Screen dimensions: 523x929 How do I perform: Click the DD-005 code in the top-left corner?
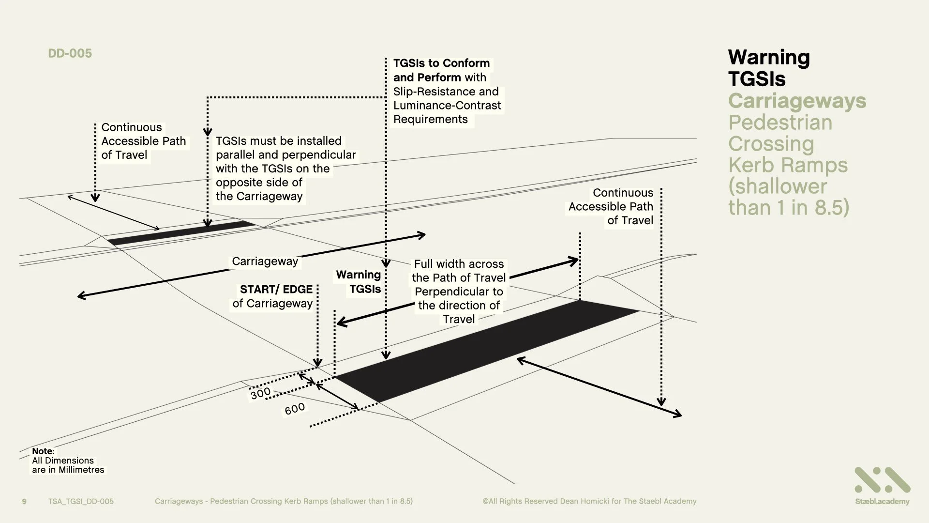click(x=70, y=53)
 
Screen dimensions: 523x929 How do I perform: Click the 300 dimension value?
click(x=260, y=393)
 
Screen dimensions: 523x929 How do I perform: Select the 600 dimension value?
click(x=295, y=409)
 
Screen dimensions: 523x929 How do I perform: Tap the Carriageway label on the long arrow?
click(x=265, y=261)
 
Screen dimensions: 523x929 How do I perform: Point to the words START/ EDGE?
click(x=276, y=290)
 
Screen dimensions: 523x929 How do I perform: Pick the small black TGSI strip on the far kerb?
click(x=181, y=233)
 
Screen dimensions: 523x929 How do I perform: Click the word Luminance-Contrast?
click(x=447, y=106)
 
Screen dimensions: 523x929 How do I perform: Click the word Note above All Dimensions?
click(x=43, y=451)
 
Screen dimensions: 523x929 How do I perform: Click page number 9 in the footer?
click(x=24, y=501)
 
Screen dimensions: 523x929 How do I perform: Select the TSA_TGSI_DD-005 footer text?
click(x=81, y=501)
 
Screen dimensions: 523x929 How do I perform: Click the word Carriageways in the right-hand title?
click(x=797, y=101)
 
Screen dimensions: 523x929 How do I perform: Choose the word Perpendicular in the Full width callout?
click(x=459, y=292)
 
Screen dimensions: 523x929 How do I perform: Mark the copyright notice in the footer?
click(x=589, y=501)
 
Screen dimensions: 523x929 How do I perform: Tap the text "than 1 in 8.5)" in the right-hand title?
click(x=789, y=207)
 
